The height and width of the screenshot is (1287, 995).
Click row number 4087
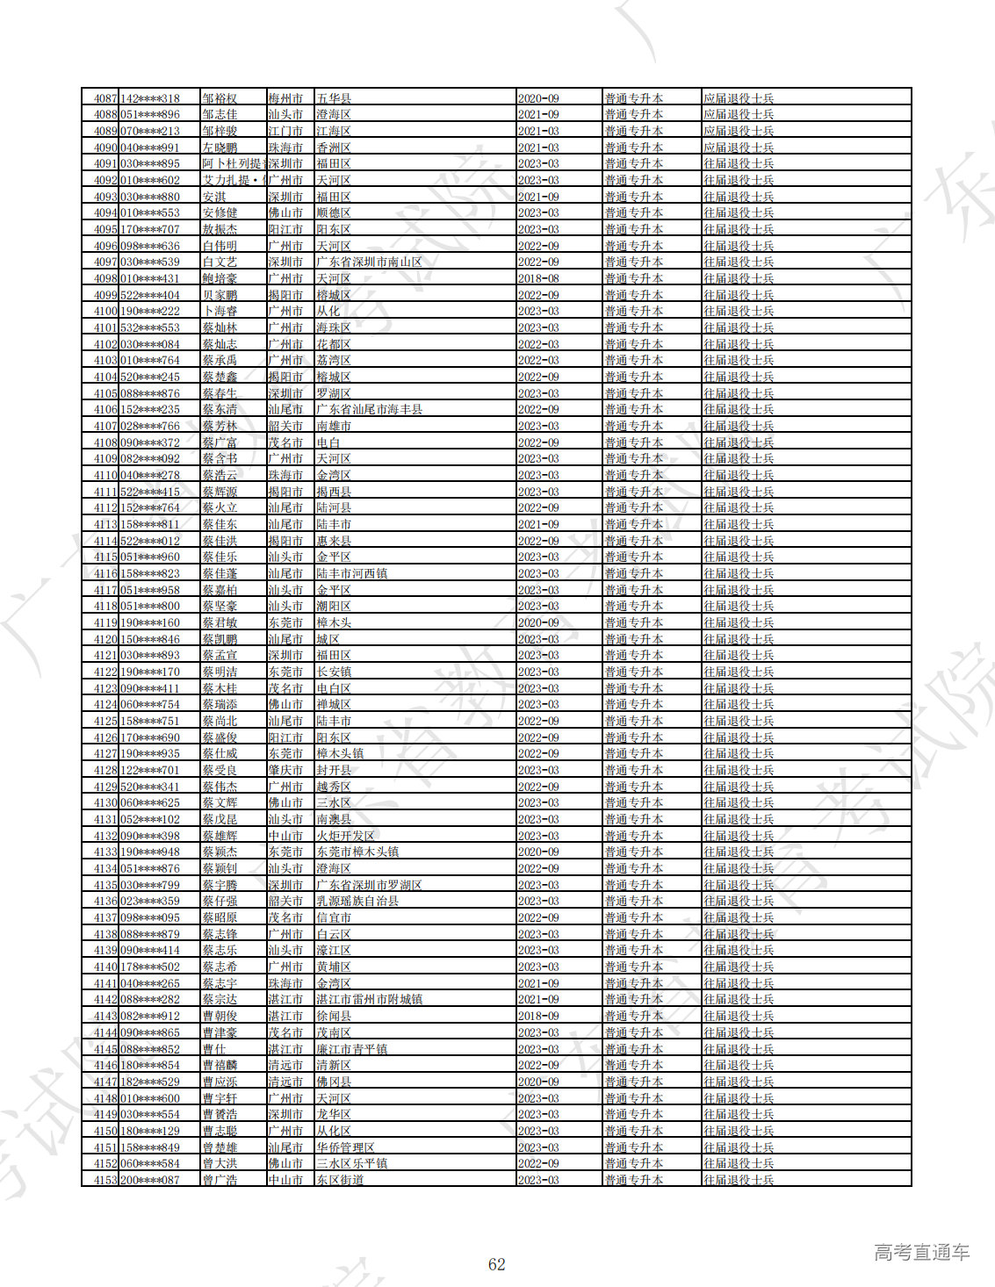[x=105, y=98]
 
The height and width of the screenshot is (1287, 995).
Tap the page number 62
[x=497, y=1264]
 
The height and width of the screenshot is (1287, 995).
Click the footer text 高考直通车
[x=921, y=1253]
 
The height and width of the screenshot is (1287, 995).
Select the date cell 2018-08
[x=538, y=278]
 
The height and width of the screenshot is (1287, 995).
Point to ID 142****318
[x=150, y=98]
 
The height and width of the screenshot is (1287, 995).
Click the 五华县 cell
[x=334, y=98]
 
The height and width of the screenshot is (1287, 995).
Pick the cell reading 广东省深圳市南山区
[x=369, y=262]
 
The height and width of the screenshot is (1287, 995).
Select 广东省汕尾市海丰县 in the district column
[x=369, y=409]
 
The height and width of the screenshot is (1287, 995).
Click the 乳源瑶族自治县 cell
[x=357, y=901]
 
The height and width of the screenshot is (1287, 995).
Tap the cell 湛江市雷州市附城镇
[x=369, y=999]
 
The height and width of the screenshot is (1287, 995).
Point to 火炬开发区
[x=345, y=836]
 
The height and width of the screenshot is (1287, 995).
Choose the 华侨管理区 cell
[x=345, y=1147]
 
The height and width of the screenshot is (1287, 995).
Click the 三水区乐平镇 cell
[x=351, y=1163]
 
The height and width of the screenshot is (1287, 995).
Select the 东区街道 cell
[x=340, y=1180]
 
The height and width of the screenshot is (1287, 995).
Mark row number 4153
[x=105, y=1180]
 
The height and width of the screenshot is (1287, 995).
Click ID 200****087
[x=150, y=1180]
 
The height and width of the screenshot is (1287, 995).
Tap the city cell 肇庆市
[x=285, y=770]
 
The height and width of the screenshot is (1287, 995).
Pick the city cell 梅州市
[x=285, y=98]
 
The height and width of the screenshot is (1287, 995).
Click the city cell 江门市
[x=285, y=131]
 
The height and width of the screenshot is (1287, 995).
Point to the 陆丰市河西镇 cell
[x=351, y=573]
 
